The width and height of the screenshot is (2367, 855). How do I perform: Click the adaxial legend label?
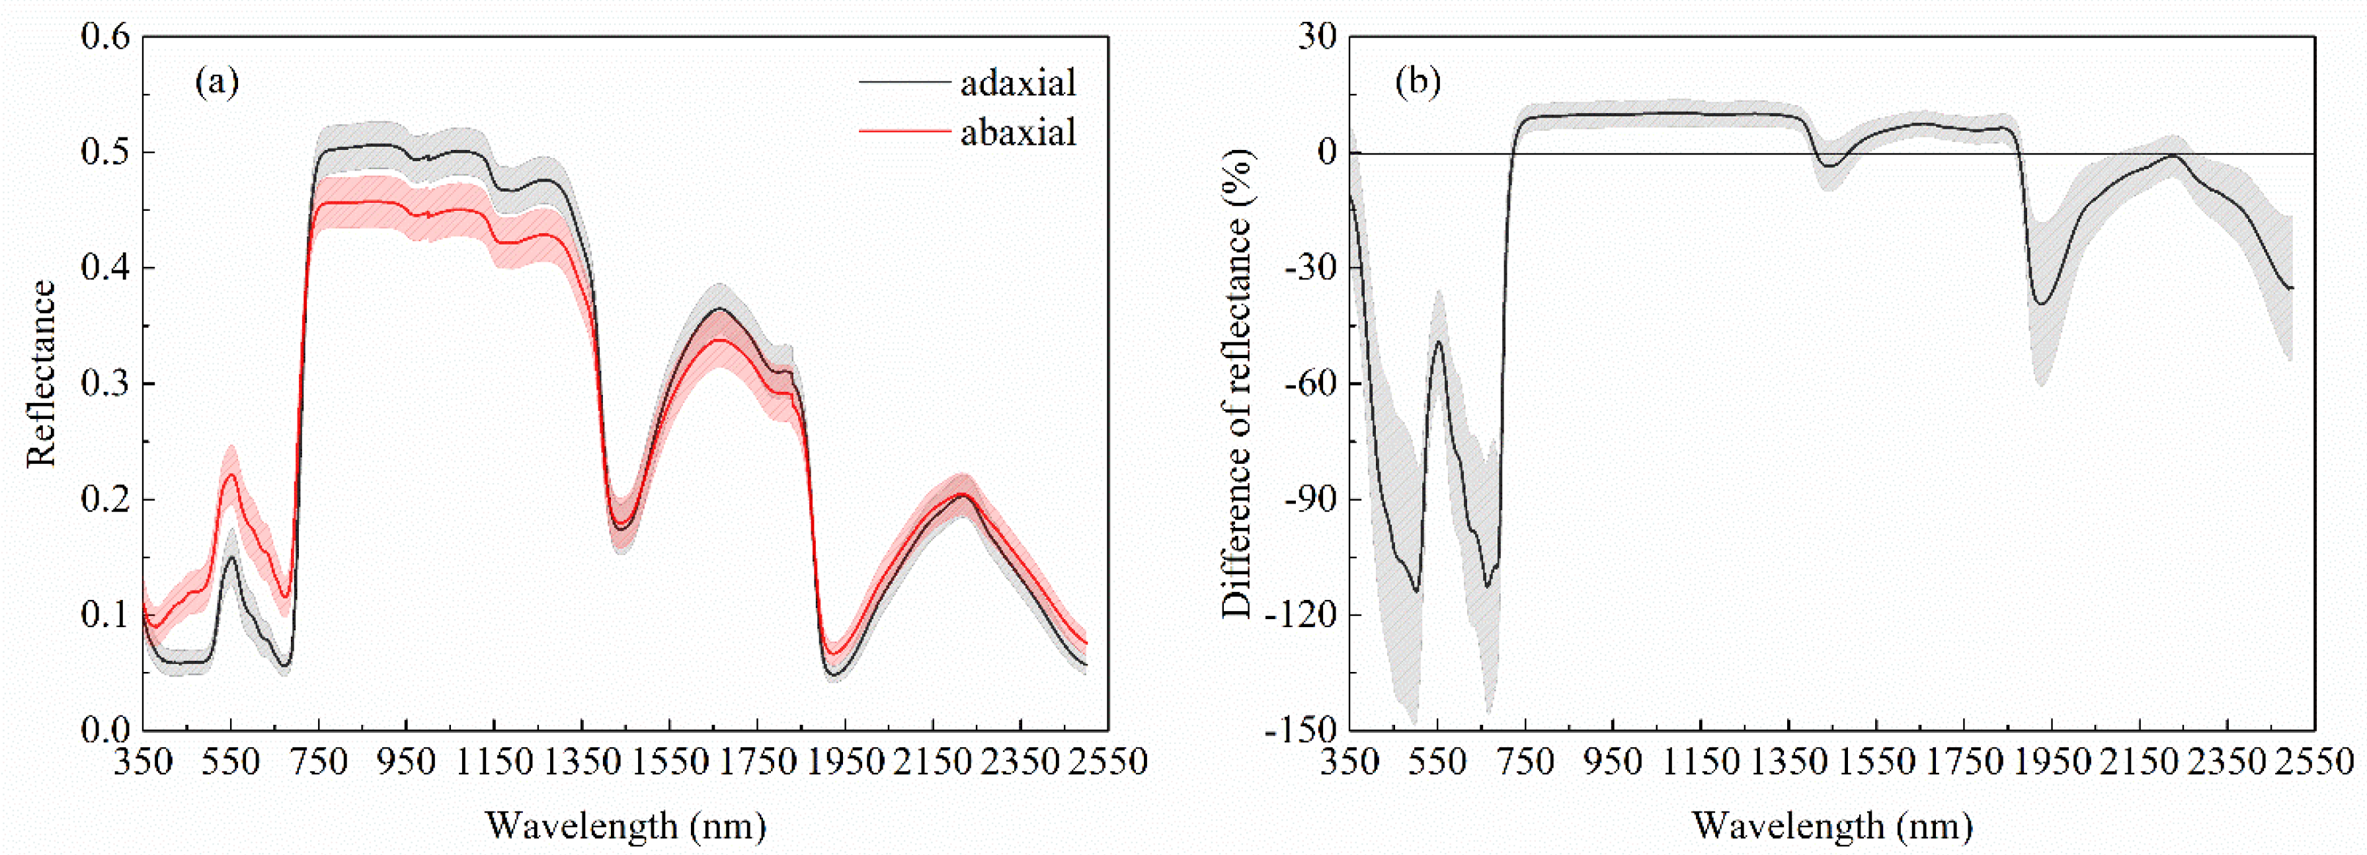click(x=1017, y=83)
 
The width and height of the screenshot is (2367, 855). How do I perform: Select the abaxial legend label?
click(x=1017, y=133)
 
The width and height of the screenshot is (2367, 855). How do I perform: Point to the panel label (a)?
click(x=217, y=83)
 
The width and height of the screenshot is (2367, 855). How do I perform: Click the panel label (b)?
click(x=1418, y=83)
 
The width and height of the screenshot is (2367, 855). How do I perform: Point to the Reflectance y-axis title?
click(x=42, y=375)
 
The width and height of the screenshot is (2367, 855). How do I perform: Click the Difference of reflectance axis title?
click(x=1238, y=384)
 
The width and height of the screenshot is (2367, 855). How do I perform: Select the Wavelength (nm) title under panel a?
click(x=625, y=826)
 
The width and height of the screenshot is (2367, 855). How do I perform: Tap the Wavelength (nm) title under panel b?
click(x=1831, y=826)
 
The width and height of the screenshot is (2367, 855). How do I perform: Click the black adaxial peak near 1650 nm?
click(x=719, y=309)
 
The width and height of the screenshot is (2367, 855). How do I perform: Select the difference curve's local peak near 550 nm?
click(x=1438, y=342)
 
